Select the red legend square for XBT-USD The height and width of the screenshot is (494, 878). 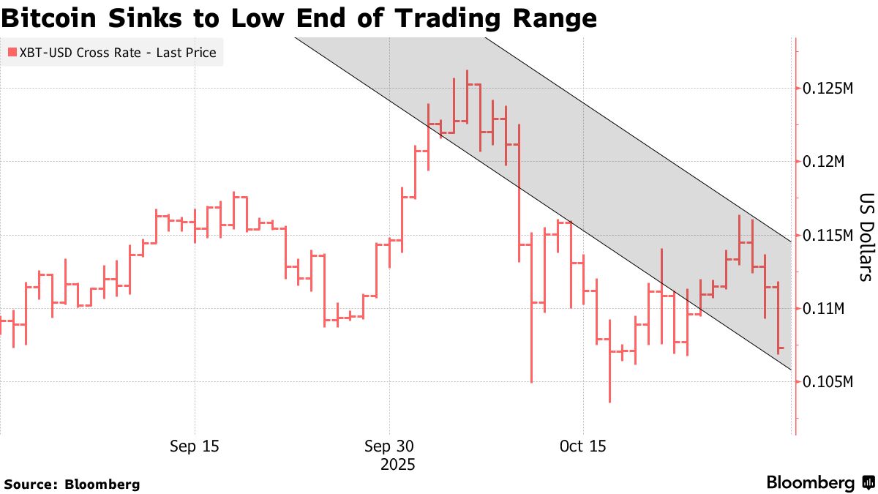pos(12,53)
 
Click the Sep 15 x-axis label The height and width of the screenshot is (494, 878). pos(195,446)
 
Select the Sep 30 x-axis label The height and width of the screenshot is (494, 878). pos(389,446)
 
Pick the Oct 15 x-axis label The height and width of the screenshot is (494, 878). pos(582,446)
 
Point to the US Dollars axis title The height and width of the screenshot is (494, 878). pos(866,237)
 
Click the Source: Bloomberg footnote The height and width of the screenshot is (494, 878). pos(72,484)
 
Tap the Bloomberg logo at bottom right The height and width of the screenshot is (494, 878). pos(819,482)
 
